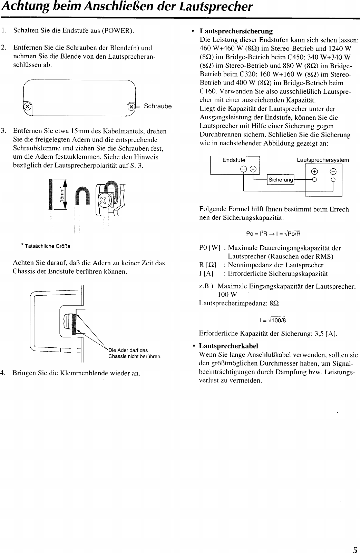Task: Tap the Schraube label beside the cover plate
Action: point(157,106)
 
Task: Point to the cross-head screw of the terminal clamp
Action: point(104,200)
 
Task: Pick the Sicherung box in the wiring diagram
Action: point(281,180)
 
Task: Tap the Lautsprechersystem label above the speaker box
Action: point(323,160)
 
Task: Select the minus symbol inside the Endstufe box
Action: point(244,169)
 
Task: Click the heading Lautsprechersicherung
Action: point(236,31)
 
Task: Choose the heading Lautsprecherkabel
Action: point(228,346)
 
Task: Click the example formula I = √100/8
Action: point(273,320)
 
